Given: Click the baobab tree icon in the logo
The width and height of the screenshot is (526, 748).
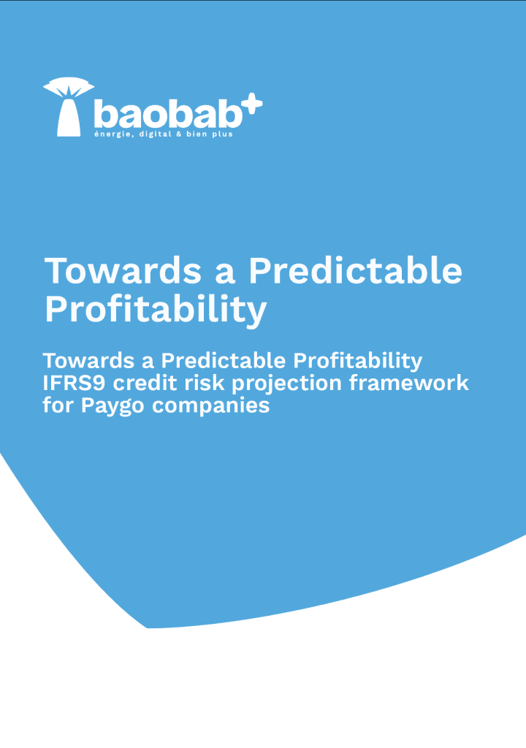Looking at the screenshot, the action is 69,107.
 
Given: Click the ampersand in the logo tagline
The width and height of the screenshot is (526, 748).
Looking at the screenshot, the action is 178,134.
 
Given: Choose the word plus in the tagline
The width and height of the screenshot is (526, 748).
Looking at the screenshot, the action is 222,134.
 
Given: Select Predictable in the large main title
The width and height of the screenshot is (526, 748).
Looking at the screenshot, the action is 355,271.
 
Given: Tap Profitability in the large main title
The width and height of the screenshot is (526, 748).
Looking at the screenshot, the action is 156,310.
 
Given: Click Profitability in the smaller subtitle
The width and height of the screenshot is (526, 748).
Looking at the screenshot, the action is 357,361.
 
